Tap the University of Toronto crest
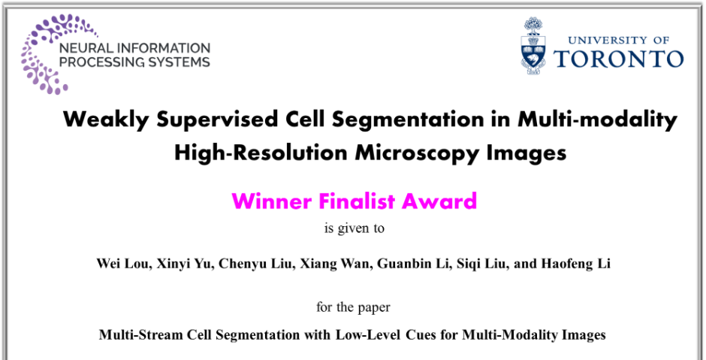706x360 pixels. click(533, 46)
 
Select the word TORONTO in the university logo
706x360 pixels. click(618, 59)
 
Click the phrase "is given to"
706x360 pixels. click(355, 228)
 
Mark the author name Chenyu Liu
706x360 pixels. click(255, 264)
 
